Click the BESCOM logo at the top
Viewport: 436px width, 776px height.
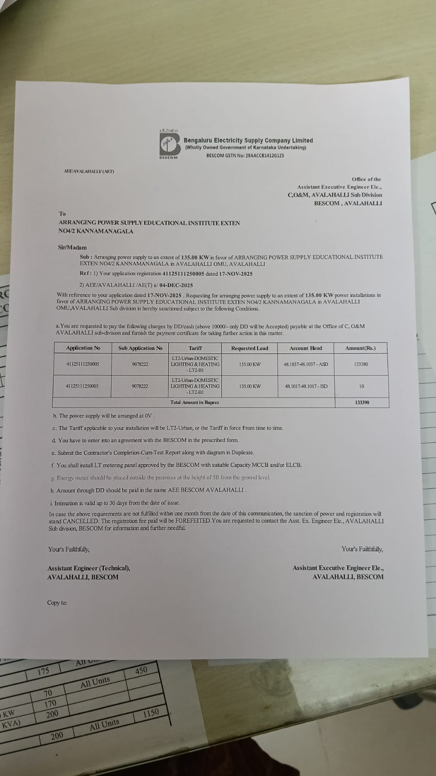169,144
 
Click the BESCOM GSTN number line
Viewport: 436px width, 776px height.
245,156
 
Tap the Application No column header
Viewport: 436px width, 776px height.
83,348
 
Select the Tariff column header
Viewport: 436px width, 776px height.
195,348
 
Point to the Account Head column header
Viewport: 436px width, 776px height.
306,348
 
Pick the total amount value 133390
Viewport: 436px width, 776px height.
362,402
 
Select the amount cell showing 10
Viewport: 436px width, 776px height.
362,386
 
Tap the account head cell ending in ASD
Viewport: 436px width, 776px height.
306,364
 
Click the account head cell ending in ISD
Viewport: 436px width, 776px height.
306,386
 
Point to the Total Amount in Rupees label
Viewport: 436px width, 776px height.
194,402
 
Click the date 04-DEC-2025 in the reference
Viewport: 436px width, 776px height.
176,285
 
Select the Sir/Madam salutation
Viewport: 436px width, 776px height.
72,248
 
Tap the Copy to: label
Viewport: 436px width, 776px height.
57,603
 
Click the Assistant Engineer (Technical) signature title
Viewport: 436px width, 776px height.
89,568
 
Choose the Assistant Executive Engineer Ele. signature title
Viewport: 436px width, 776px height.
338,568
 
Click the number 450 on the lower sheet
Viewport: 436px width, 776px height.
141,671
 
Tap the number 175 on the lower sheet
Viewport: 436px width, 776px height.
43,672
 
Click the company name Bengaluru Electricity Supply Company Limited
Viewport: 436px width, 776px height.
248,140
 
